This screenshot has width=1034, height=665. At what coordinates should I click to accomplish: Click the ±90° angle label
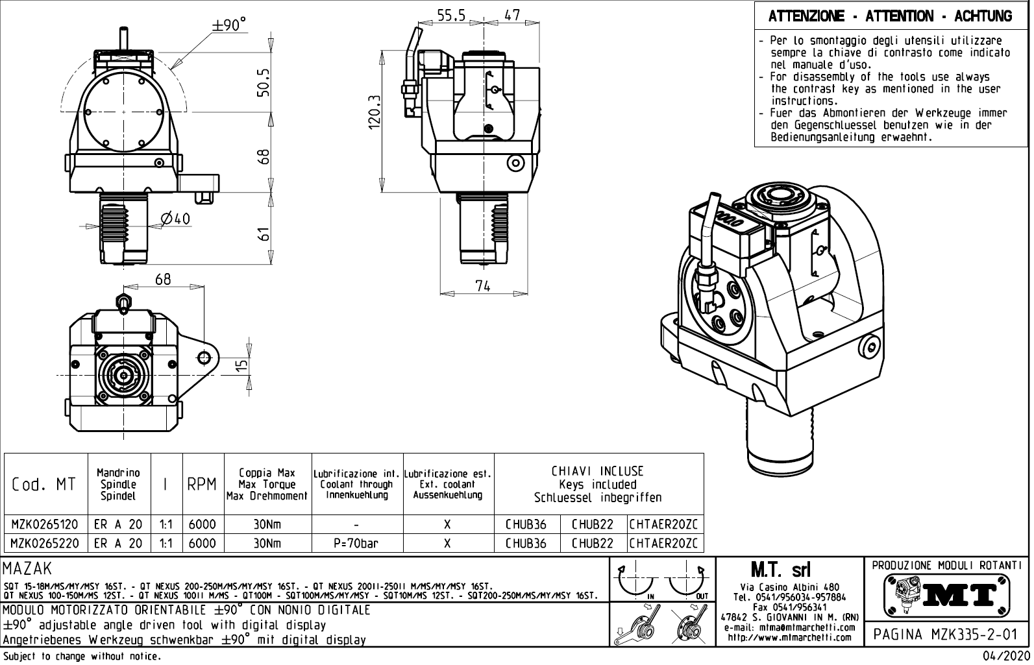coord(230,25)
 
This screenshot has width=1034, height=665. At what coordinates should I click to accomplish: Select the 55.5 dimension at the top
coord(451,15)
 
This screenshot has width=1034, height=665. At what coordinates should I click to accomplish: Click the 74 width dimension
coord(482,285)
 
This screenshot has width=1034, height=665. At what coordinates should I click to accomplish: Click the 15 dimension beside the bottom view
coord(241,367)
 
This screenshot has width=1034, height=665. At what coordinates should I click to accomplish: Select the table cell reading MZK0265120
coord(45,524)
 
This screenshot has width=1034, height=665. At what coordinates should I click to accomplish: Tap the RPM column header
coord(202,485)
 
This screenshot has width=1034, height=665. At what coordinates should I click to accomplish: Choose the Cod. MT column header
coord(44,485)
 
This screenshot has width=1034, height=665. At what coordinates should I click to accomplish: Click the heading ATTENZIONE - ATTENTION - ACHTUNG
coord(890,16)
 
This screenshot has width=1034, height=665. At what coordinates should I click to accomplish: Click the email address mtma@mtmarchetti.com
coord(789,628)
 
